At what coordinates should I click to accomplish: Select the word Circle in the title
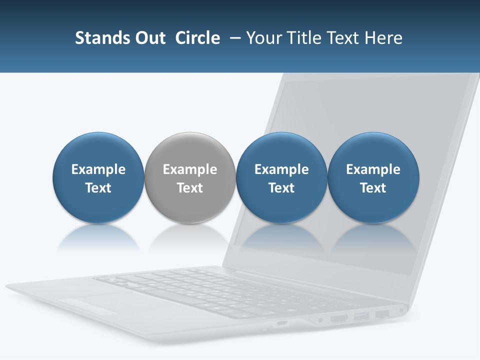[x=197, y=38]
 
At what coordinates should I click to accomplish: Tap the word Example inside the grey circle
[x=190, y=169]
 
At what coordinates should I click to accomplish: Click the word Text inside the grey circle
[x=190, y=188]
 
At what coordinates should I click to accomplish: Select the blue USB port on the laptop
[x=361, y=316]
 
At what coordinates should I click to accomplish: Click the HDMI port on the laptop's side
[x=339, y=318]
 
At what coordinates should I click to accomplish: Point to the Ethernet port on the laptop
[x=382, y=314]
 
